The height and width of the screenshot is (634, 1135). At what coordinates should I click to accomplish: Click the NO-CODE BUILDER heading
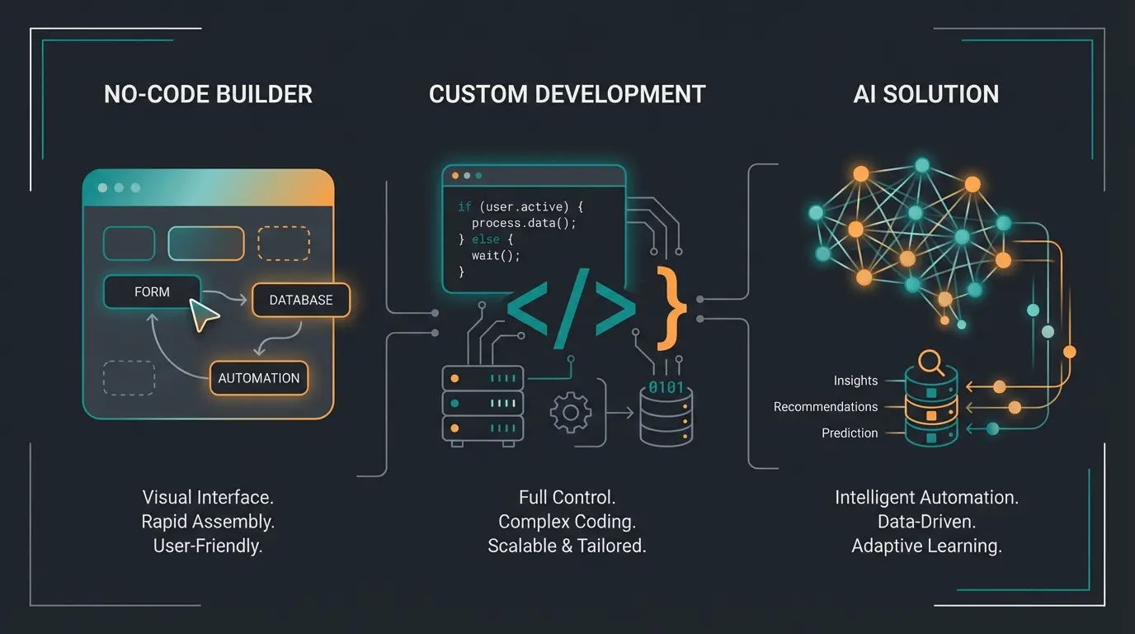pyautogui.click(x=208, y=94)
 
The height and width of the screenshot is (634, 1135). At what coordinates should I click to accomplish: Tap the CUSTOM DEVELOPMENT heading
pyautogui.click(x=567, y=94)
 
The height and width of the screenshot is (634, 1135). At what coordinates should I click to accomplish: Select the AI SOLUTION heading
pyautogui.click(x=925, y=94)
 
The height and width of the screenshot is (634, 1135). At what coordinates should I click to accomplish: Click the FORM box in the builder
pyautogui.click(x=152, y=292)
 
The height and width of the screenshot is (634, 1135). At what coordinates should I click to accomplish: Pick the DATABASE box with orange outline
pyautogui.click(x=300, y=300)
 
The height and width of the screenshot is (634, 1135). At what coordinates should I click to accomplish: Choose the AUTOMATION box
pyautogui.click(x=258, y=378)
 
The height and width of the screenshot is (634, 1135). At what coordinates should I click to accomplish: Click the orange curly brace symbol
pyautogui.click(x=671, y=307)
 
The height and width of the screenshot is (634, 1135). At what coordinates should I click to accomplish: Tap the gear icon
pyautogui.click(x=571, y=412)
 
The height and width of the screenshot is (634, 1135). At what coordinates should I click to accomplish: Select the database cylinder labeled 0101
pyautogui.click(x=666, y=413)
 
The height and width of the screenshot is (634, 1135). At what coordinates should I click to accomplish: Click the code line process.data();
pyautogui.click(x=524, y=224)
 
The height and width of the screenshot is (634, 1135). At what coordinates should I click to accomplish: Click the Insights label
pyautogui.click(x=855, y=381)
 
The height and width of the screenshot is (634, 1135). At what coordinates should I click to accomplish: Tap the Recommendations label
pyautogui.click(x=825, y=407)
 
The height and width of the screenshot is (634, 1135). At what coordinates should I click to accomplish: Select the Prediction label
pyautogui.click(x=850, y=433)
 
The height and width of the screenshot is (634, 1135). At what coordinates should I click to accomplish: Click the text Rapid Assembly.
pyautogui.click(x=208, y=522)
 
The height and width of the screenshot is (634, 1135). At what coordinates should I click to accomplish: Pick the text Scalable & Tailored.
pyautogui.click(x=567, y=546)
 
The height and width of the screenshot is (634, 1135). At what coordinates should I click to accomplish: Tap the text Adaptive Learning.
pyautogui.click(x=926, y=546)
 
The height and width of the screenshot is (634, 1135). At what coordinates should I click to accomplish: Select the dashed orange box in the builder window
pyautogui.click(x=284, y=244)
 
